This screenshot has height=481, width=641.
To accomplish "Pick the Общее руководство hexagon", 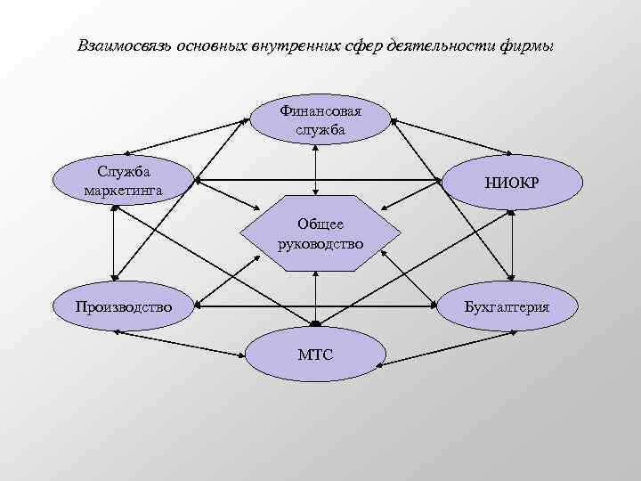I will pos(320,232).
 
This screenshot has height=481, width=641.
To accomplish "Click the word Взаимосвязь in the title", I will pos(124,44).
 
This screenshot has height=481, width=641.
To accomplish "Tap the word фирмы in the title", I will pos(529,44).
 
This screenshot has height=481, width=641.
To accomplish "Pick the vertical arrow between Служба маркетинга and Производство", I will pos(114,245).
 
